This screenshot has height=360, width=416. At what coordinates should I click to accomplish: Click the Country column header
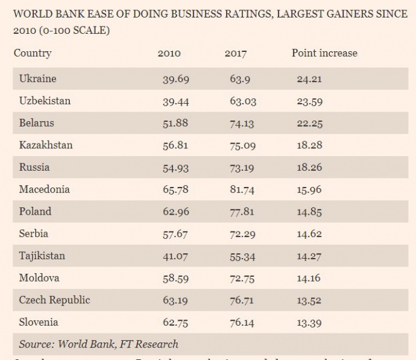(x=33, y=53)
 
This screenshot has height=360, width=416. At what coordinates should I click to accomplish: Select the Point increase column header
(x=324, y=53)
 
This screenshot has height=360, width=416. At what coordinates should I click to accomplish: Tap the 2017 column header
(x=236, y=54)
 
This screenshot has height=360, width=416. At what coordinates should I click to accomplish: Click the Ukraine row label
(x=37, y=79)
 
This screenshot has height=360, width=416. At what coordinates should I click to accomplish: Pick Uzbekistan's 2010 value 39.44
(x=175, y=101)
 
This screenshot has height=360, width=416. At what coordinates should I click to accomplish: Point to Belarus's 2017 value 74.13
(x=242, y=123)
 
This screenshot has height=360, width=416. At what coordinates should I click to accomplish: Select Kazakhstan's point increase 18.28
(x=309, y=145)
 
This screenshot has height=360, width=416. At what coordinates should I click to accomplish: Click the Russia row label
(x=34, y=167)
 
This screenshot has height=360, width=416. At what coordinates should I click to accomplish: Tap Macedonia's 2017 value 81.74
(x=242, y=190)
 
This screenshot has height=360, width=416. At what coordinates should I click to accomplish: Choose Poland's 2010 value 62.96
(x=175, y=212)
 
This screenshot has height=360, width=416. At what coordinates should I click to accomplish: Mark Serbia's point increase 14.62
(x=309, y=234)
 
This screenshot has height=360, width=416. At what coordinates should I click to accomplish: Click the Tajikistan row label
(x=42, y=256)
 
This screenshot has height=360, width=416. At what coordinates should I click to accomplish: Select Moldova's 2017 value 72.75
(x=242, y=278)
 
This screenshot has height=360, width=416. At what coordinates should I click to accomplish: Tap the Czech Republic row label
(x=54, y=300)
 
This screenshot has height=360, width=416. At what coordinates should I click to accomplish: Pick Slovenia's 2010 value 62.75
(x=175, y=323)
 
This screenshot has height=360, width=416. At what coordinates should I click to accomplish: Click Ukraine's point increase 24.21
(x=309, y=79)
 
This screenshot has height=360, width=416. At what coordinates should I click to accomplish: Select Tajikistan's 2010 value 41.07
(x=175, y=256)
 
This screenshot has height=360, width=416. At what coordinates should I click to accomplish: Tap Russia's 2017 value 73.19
(x=242, y=168)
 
